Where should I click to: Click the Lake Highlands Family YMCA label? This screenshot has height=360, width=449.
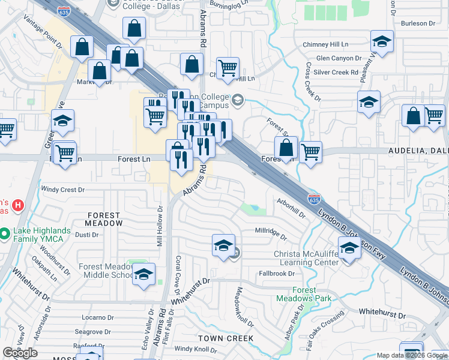(41, 235)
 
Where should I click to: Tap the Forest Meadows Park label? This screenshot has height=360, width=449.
(304, 294)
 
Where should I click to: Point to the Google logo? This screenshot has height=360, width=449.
(20, 353)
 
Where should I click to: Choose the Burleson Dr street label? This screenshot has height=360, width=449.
(418, 23)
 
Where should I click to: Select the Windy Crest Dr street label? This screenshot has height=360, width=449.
(63, 190)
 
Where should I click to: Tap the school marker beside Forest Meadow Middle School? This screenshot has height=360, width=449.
(143, 275)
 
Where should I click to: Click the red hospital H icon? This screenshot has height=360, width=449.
(18, 205)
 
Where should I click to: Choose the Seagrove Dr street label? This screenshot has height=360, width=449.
(91, 332)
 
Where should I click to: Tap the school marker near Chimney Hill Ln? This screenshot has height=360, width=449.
(382, 41)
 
